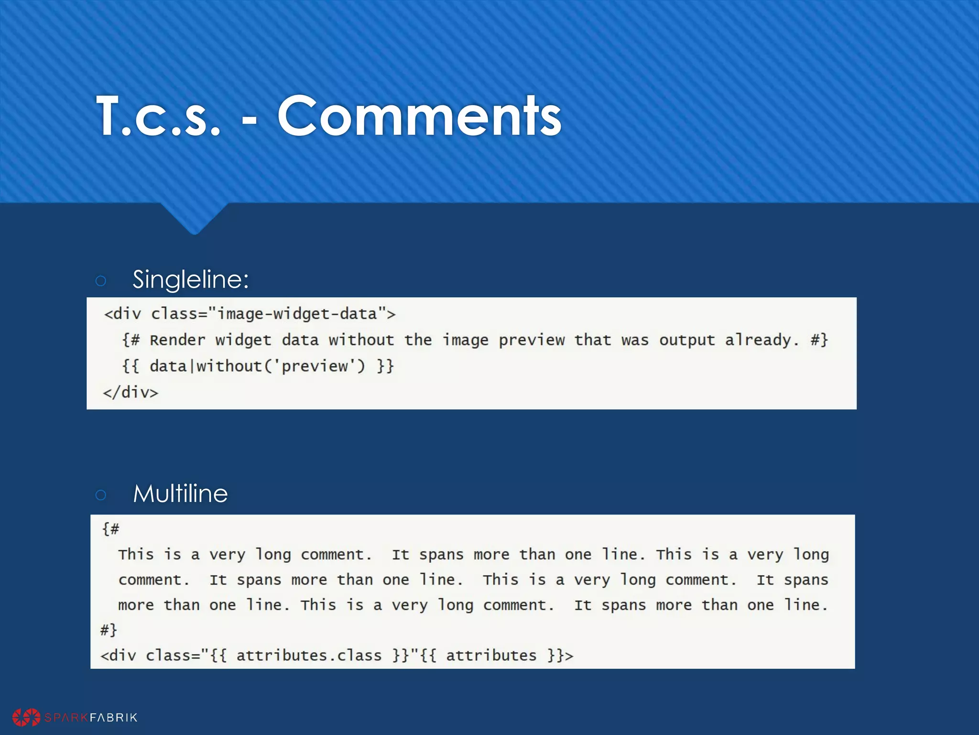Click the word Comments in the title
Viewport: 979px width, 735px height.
point(419,116)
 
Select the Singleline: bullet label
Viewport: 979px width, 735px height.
point(191,279)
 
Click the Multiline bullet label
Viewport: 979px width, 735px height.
point(180,493)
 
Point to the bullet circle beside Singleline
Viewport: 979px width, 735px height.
point(101,281)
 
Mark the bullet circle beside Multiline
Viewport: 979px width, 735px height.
point(101,495)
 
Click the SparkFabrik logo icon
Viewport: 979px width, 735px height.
point(26,717)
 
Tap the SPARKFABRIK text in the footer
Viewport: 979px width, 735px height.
point(91,717)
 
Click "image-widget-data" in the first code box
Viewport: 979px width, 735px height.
point(297,314)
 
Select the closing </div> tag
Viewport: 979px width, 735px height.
point(131,392)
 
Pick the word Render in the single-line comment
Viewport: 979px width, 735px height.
point(177,340)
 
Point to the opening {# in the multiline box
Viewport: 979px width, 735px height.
point(111,529)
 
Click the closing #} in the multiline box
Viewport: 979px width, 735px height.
point(109,630)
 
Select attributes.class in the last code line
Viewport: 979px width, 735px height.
point(309,656)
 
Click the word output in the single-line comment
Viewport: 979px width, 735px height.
point(686,340)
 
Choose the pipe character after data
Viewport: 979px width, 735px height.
point(192,367)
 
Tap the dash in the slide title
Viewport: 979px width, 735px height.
point(250,118)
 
